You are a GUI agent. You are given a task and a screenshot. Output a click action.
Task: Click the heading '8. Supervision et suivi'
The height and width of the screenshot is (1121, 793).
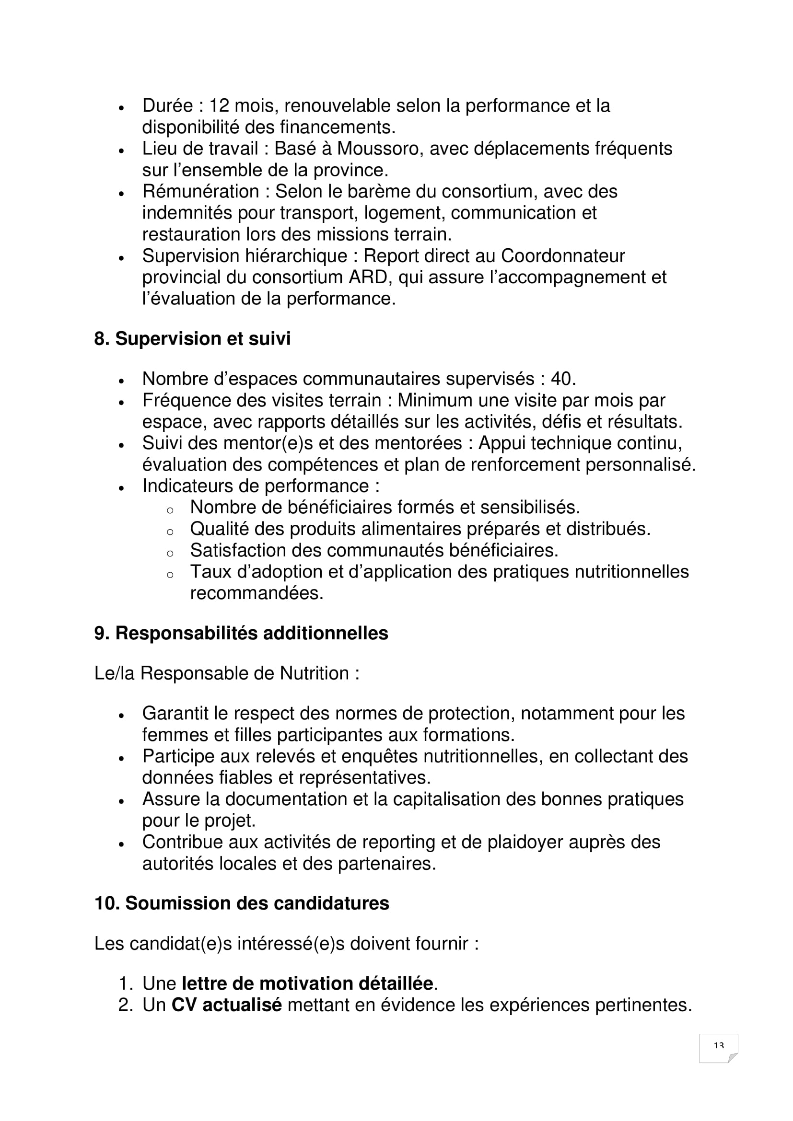[x=192, y=339]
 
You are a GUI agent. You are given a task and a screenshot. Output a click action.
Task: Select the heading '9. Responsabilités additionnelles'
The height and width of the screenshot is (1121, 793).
[x=241, y=633]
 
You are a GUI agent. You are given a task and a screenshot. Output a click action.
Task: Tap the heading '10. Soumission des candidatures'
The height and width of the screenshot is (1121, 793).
[x=242, y=903]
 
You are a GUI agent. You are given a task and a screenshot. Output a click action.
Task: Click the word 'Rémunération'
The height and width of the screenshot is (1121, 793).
[x=200, y=191]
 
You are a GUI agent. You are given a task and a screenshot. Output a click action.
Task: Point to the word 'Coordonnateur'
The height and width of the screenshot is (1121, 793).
[x=563, y=256]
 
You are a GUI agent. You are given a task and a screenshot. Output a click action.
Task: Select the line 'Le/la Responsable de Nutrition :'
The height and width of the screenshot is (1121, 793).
[x=227, y=673]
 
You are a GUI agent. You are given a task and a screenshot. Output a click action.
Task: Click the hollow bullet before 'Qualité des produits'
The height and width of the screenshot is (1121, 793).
[x=169, y=531]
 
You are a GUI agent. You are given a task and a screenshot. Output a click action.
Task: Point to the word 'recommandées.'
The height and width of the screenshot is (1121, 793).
[x=257, y=593]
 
